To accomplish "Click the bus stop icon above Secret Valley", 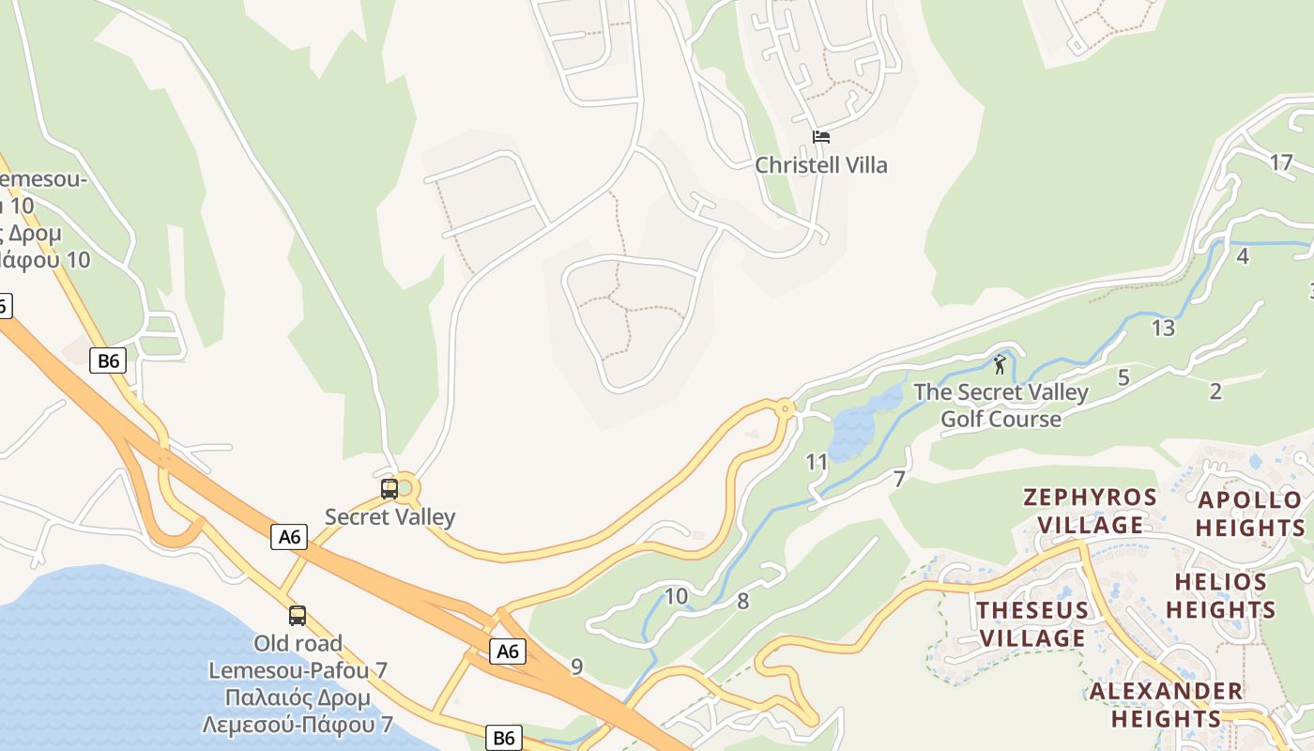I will coord(390,489).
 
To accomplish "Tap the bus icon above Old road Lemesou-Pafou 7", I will coord(298,616).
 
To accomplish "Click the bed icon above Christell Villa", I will coord(821,137).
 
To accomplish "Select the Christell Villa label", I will coord(821,165).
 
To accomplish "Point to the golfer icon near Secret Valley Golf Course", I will coord(1000,364).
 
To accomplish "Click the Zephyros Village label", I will coord(1089,511).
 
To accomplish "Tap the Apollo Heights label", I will coord(1250,513).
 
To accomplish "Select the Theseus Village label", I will coord(1031,624).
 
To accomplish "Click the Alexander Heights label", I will coord(1166,705).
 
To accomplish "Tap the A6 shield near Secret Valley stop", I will coord(289,537).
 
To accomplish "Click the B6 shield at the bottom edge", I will coord(504,738).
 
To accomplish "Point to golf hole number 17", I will coord(1281,163).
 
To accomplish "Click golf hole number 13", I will coord(1163,329).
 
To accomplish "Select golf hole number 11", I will coord(817,462).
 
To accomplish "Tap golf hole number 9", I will coord(576,667).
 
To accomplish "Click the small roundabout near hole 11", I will coord(785,409).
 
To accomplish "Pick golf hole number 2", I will coord(1215,391).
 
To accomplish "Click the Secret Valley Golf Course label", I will coord(1001,406).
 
